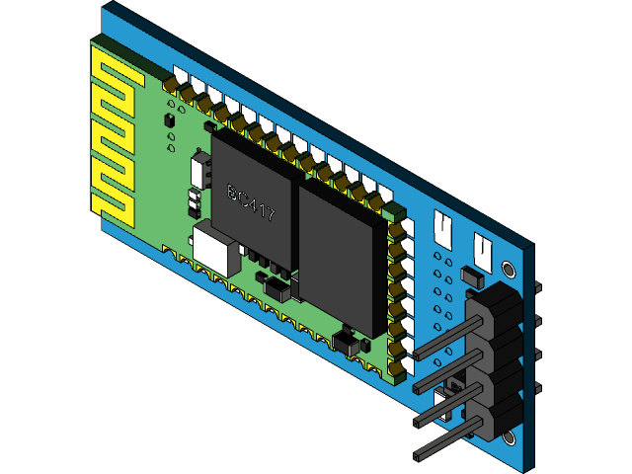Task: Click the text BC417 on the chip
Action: pyautogui.click(x=251, y=202)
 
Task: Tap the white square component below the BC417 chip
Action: pyautogui.click(x=216, y=248)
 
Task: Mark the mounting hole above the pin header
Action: pyautogui.click(x=509, y=269)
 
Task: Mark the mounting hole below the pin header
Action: pyautogui.click(x=509, y=435)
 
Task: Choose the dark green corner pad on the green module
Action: pyautogui.click(x=396, y=210)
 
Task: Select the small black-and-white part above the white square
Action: pyautogui.click(x=190, y=202)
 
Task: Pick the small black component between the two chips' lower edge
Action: pyautogui.click(x=278, y=288)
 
